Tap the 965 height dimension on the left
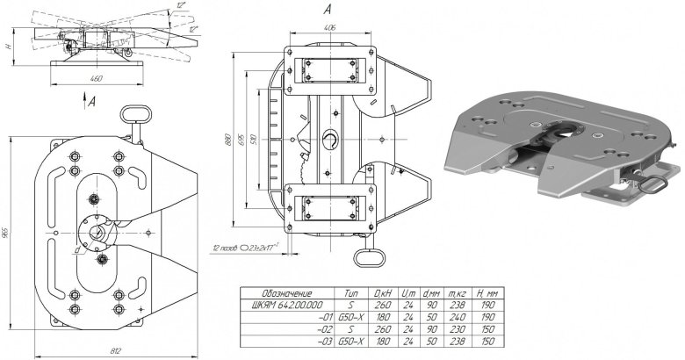coord(8,233)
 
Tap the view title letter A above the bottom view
coord(327,9)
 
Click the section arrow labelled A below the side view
coord(92,103)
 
